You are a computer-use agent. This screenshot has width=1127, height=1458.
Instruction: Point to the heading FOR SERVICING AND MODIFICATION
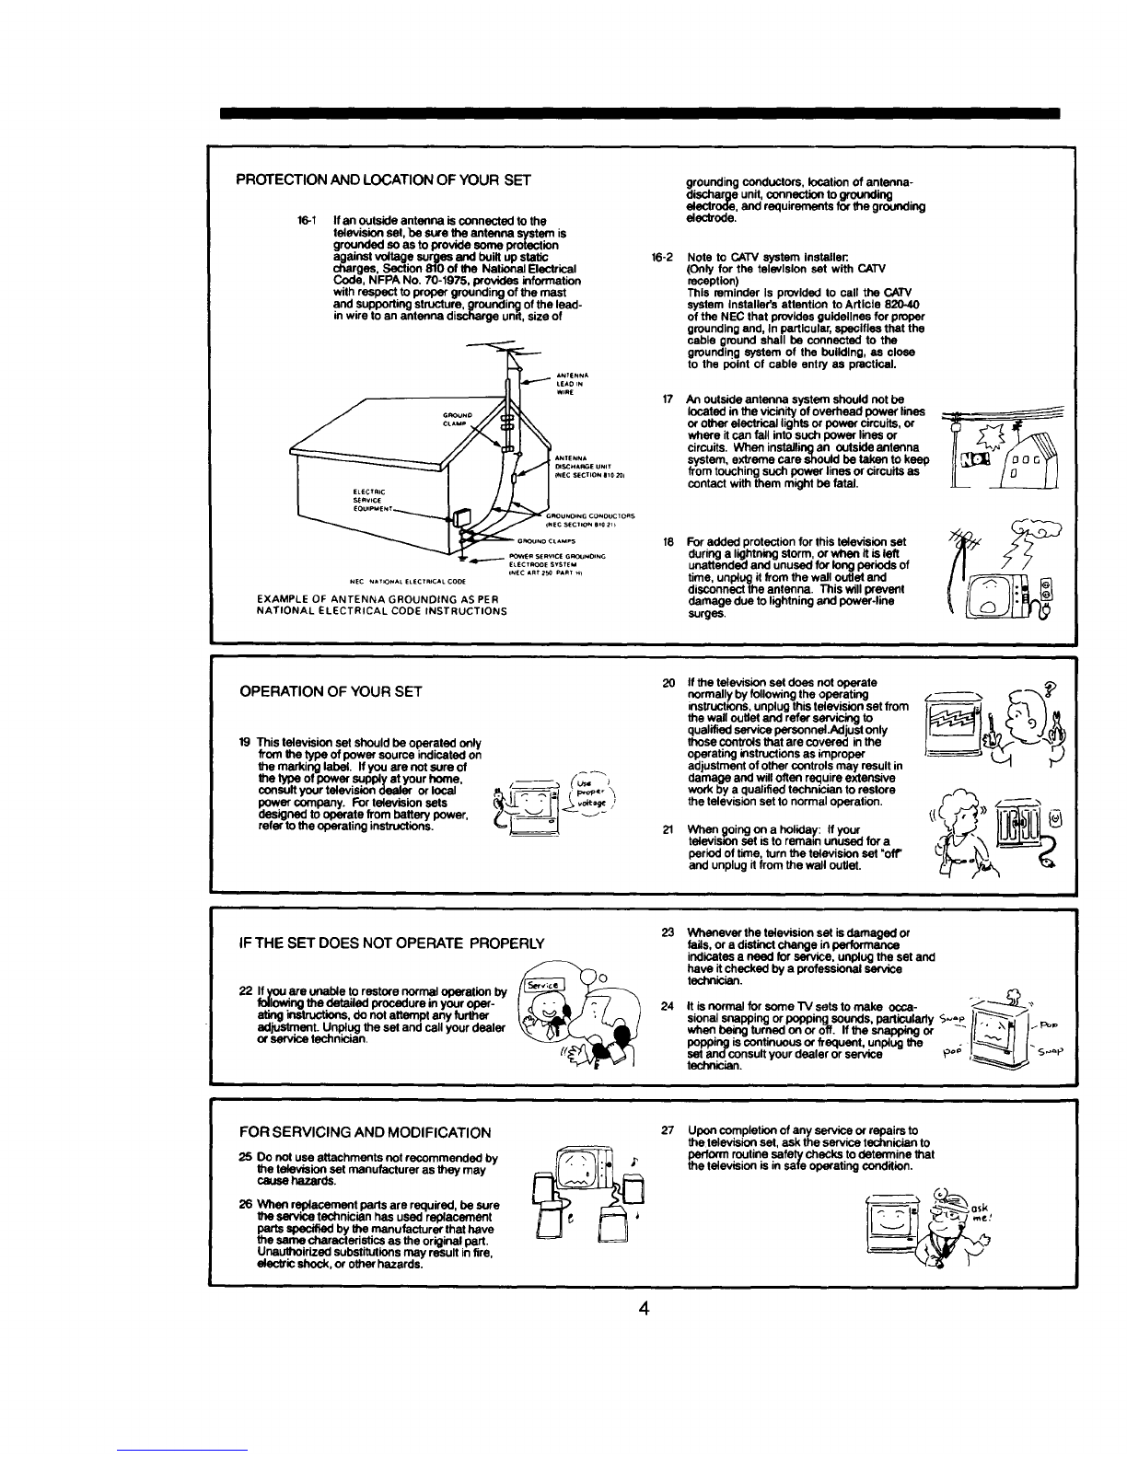click(x=365, y=1131)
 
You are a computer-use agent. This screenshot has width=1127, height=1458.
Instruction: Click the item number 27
click(x=669, y=1129)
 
